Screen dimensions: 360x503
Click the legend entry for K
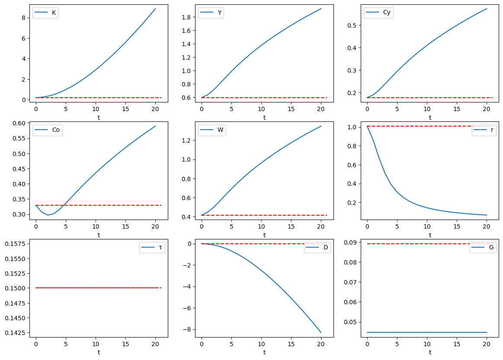[x=46, y=13]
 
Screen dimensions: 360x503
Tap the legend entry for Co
[x=48, y=130]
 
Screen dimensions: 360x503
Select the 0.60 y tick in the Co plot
[x=21, y=123]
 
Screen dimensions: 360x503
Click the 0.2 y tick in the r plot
[x=356, y=203]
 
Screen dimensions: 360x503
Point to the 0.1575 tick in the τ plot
[x=18, y=244]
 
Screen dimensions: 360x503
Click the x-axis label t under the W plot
[x=264, y=235]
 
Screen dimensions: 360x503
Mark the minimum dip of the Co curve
[x=48, y=215]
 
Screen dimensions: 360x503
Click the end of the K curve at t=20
[x=155, y=9]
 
